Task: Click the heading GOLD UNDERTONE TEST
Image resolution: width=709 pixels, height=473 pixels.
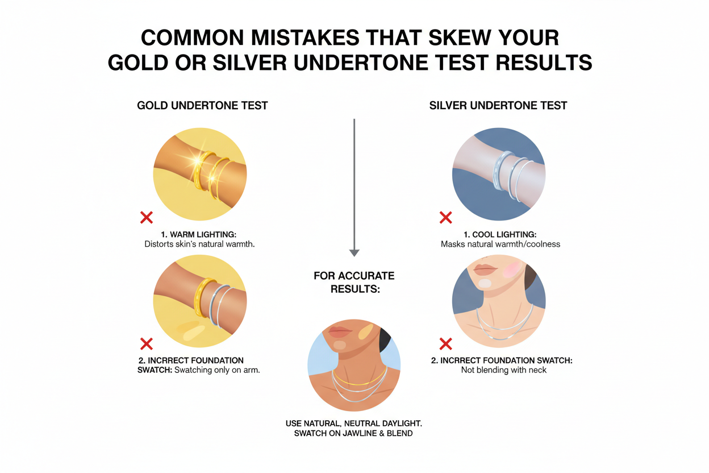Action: click(x=202, y=105)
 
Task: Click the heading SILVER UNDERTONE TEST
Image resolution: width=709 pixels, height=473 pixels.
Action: click(x=498, y=105)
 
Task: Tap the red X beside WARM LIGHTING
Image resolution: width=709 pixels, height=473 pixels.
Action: click(x=147, y=217)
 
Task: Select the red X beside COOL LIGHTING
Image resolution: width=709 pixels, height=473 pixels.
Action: click(x=446, y=217)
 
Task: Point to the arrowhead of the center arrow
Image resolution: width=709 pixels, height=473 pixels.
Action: click(x=354, y=252)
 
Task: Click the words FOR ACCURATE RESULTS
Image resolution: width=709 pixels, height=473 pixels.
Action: click(x=354, y=282)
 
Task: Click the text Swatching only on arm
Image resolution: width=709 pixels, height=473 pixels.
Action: click(x=221, y=370)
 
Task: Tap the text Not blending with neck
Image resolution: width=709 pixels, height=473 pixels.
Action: click(x=503, y=370)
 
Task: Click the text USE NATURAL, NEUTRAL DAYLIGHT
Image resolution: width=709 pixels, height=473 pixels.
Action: click(x=353, y=424)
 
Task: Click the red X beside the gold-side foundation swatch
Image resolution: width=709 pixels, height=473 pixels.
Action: click(x=147, y=343)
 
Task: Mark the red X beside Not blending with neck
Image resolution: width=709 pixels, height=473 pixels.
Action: click(x=446, y=343)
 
